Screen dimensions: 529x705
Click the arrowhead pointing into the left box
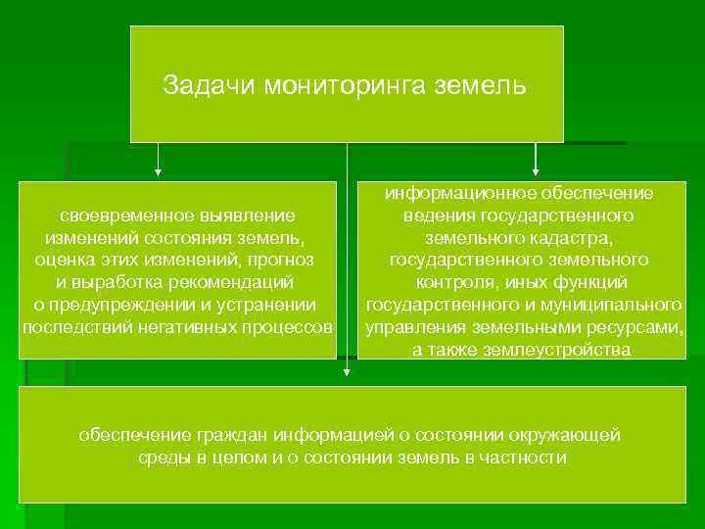[x=159, y=173]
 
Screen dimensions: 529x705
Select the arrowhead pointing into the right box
[x=536, y=173]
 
